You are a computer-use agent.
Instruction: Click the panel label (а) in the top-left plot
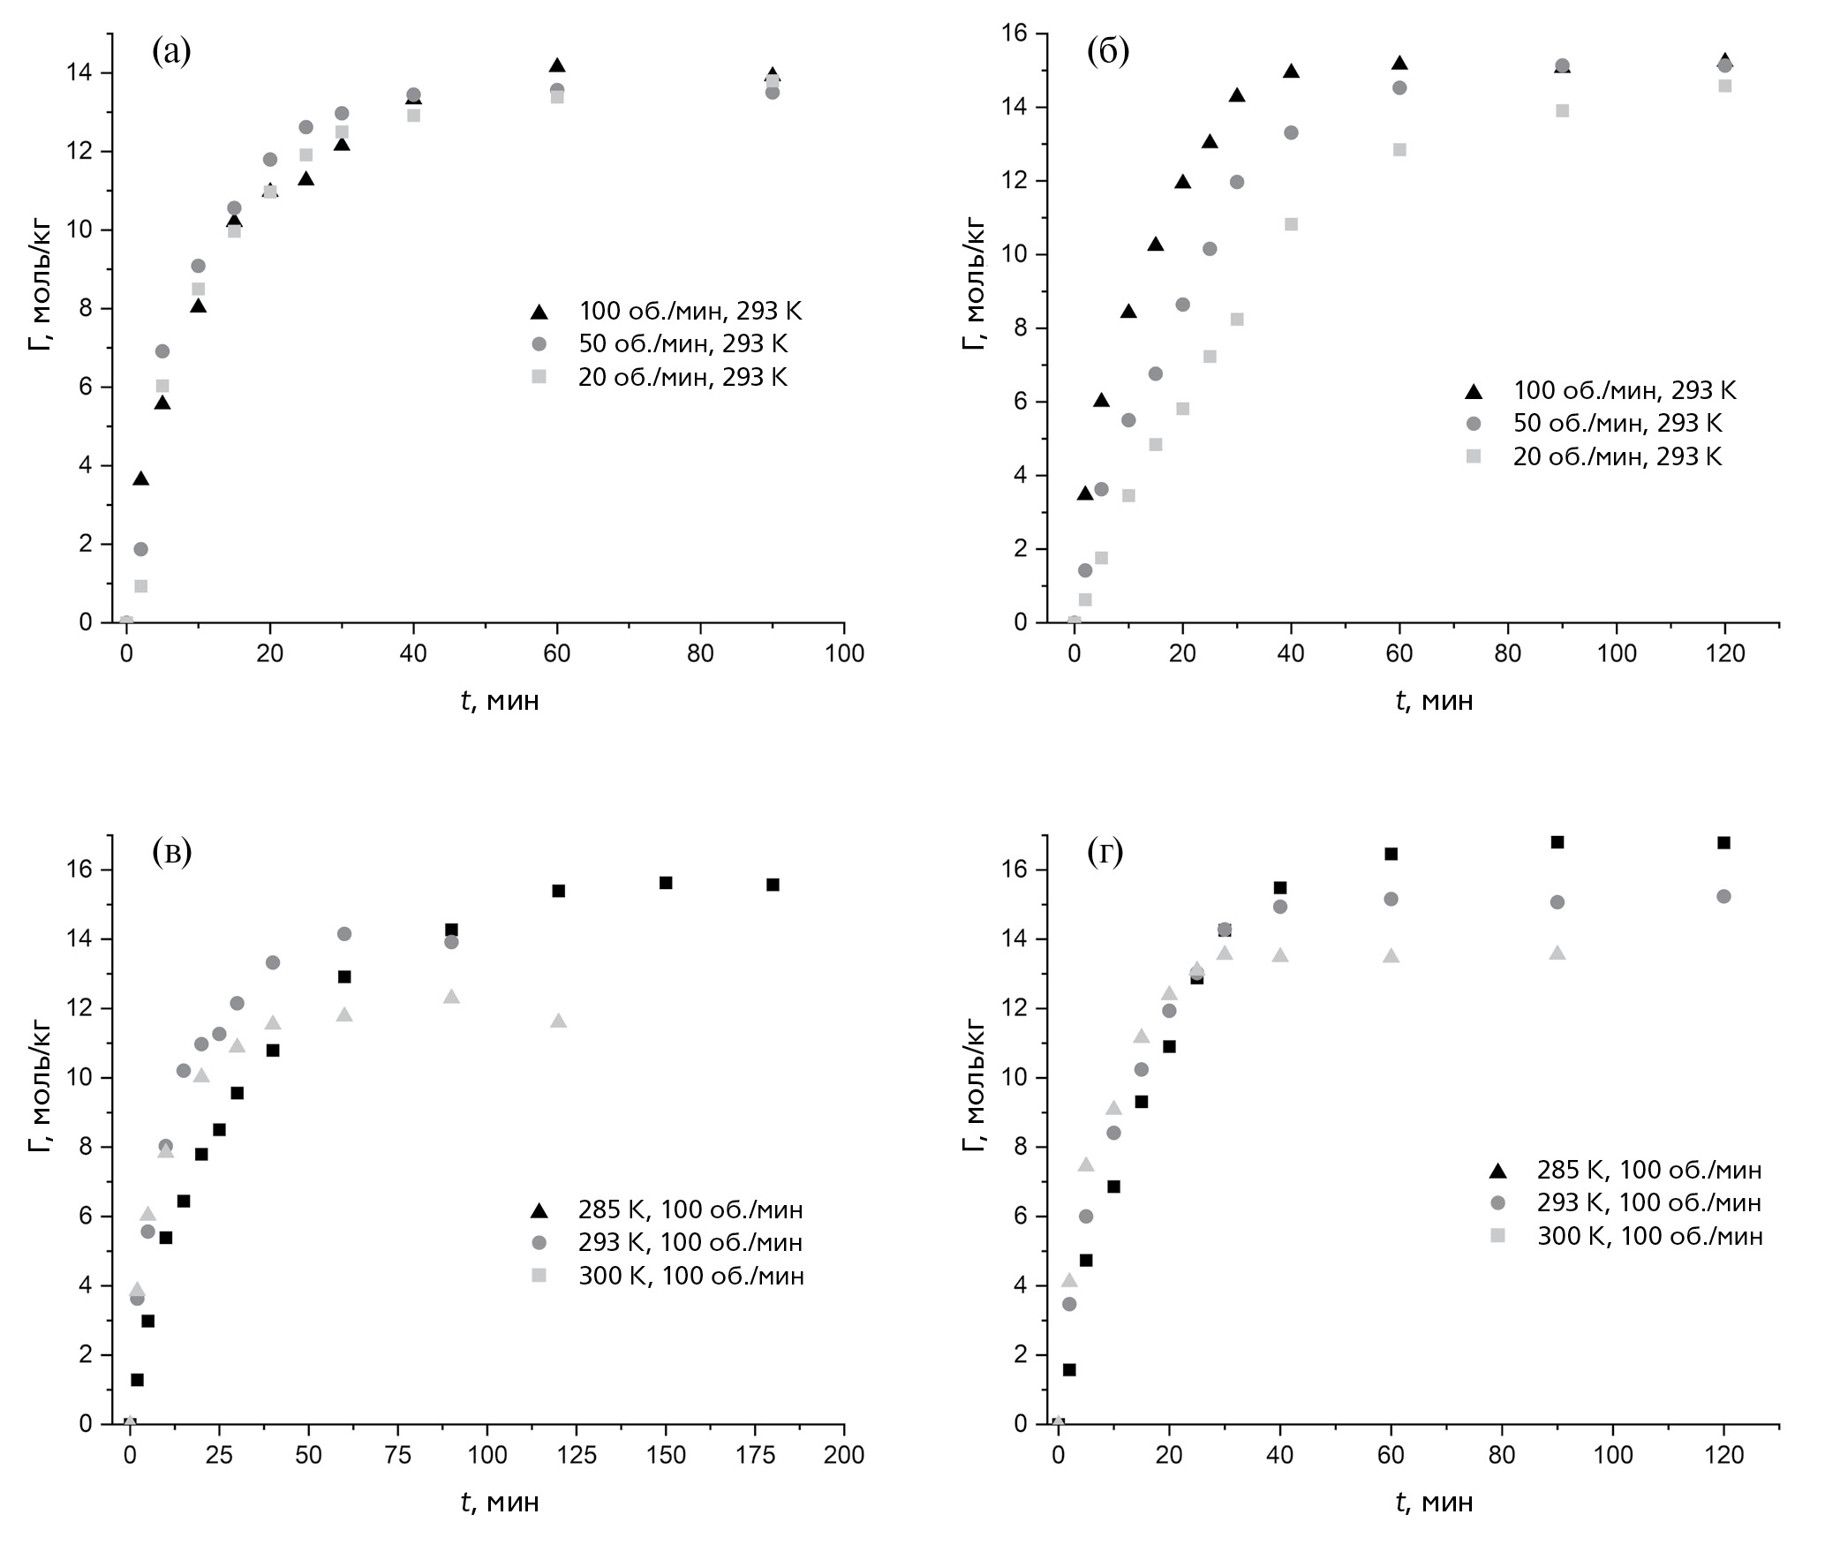[171, 51]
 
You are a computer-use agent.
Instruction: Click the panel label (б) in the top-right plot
[1107, 51]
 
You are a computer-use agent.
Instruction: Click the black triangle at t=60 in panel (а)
[557, 66]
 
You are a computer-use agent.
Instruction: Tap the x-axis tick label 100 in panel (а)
[843, 654]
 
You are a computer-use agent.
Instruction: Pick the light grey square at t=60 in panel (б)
[1399, 150]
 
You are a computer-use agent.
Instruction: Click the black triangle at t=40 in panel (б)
[1291, 72]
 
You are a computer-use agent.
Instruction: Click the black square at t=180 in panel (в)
[773, 885]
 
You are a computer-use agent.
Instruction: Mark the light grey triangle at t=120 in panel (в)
[558, 1021]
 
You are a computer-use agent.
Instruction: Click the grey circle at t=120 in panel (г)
[1723, 896]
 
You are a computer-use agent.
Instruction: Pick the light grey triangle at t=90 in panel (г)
[1557, 953]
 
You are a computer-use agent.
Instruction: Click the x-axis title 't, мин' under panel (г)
[1435, 1501]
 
